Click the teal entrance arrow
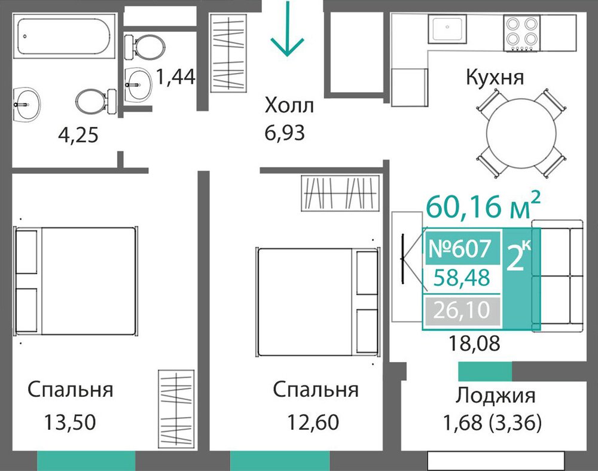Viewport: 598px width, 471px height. (287, 29)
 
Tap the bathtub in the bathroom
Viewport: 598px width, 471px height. (64, 37)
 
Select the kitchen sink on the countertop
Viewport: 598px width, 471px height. (447, 29)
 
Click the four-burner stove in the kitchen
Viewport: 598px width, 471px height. (521, 33)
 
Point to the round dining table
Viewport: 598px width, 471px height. (521, 133)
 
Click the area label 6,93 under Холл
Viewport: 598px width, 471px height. (285, 133)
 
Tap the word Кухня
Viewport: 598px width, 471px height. (495, 77)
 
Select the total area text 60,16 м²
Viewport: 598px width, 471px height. (483, 206)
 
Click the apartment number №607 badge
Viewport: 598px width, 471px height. (462, 248)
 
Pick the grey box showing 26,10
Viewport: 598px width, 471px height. (462, 310)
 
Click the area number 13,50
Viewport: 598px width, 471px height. (70, 423)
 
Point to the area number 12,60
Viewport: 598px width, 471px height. (313, 423)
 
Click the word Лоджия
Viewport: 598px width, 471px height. (495, 396)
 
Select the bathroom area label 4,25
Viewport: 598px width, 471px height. (78, 135)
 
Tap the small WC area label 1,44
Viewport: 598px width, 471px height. (175, 77)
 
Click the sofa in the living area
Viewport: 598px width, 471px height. (557, 275)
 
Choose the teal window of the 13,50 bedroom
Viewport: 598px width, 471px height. (86, 461)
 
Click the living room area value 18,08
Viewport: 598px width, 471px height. (474, 343)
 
